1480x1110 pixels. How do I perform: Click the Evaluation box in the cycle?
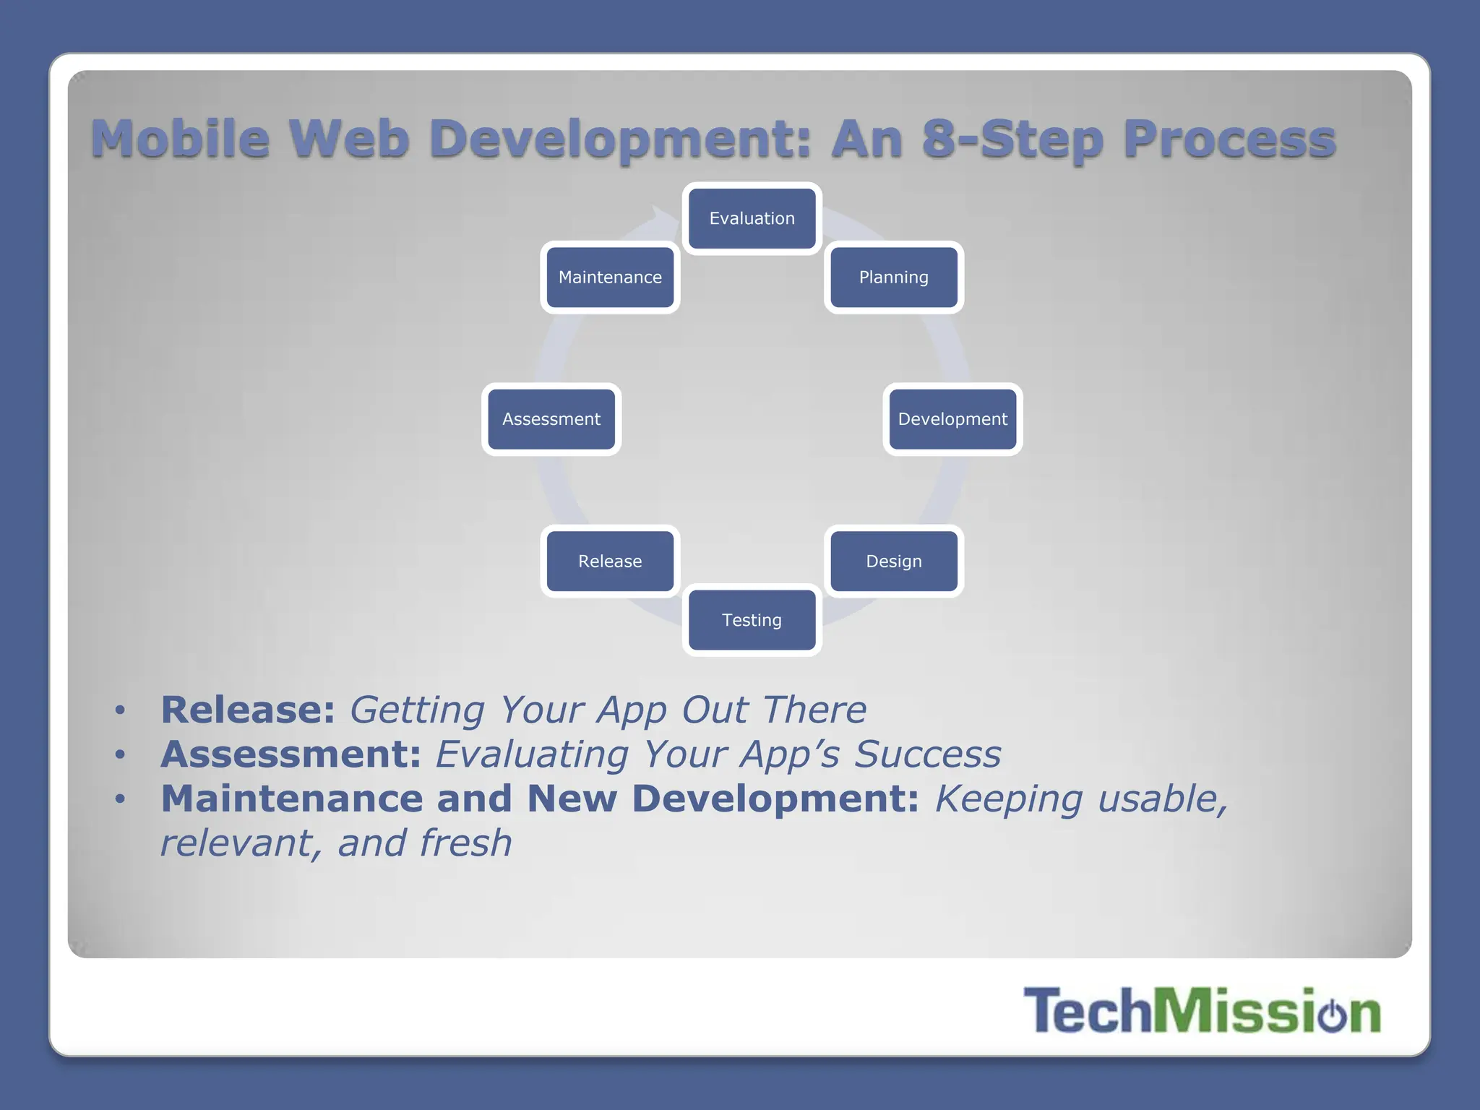(752, 218)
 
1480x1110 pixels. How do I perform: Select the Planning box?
(893, 277)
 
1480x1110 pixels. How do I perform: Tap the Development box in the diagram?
(952, 419)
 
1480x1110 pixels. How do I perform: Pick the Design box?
(893, 562)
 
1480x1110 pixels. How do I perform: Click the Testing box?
(752, 620)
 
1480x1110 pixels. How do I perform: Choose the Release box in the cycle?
(610, 562)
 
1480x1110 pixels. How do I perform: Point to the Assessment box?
(551, 419)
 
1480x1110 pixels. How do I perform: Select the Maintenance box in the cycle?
(610, 277)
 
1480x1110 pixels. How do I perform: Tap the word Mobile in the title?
(181, 139)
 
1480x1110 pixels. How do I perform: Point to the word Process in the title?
(1229, 139)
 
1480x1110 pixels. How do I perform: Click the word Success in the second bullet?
(928, 754)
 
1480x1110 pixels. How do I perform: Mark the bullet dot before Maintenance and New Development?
(120, 799)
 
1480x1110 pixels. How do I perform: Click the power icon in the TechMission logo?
(1332, 1013)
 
